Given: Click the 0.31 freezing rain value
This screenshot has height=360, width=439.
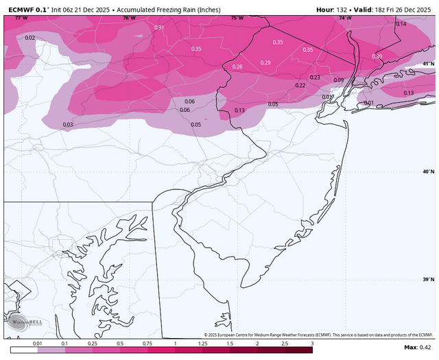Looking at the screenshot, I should [x=159, y=27].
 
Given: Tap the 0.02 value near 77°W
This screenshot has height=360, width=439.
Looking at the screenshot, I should [x=29, y=38].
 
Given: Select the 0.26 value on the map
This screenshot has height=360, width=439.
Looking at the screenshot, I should [x=237, y=67].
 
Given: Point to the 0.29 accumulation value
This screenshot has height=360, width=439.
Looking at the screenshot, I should [x=265, y=63].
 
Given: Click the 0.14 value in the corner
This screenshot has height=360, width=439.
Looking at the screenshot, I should [x=401, y=24].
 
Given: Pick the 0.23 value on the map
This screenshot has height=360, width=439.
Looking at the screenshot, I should [x=315, y=77].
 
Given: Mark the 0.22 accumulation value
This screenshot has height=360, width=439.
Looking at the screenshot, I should [x=300, y=86].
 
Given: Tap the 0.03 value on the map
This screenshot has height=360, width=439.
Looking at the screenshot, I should [x=68, y=124].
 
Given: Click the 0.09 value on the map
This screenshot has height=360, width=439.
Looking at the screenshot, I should [x=338, y=80].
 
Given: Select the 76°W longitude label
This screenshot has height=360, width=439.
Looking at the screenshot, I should [x=129, y=18].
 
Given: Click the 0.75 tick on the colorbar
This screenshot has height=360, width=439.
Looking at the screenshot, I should [x=147, y=343].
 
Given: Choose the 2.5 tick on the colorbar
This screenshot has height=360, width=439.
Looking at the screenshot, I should [x=285, y=343].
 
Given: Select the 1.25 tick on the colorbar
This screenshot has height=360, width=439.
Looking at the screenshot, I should [x=202, y=343].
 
